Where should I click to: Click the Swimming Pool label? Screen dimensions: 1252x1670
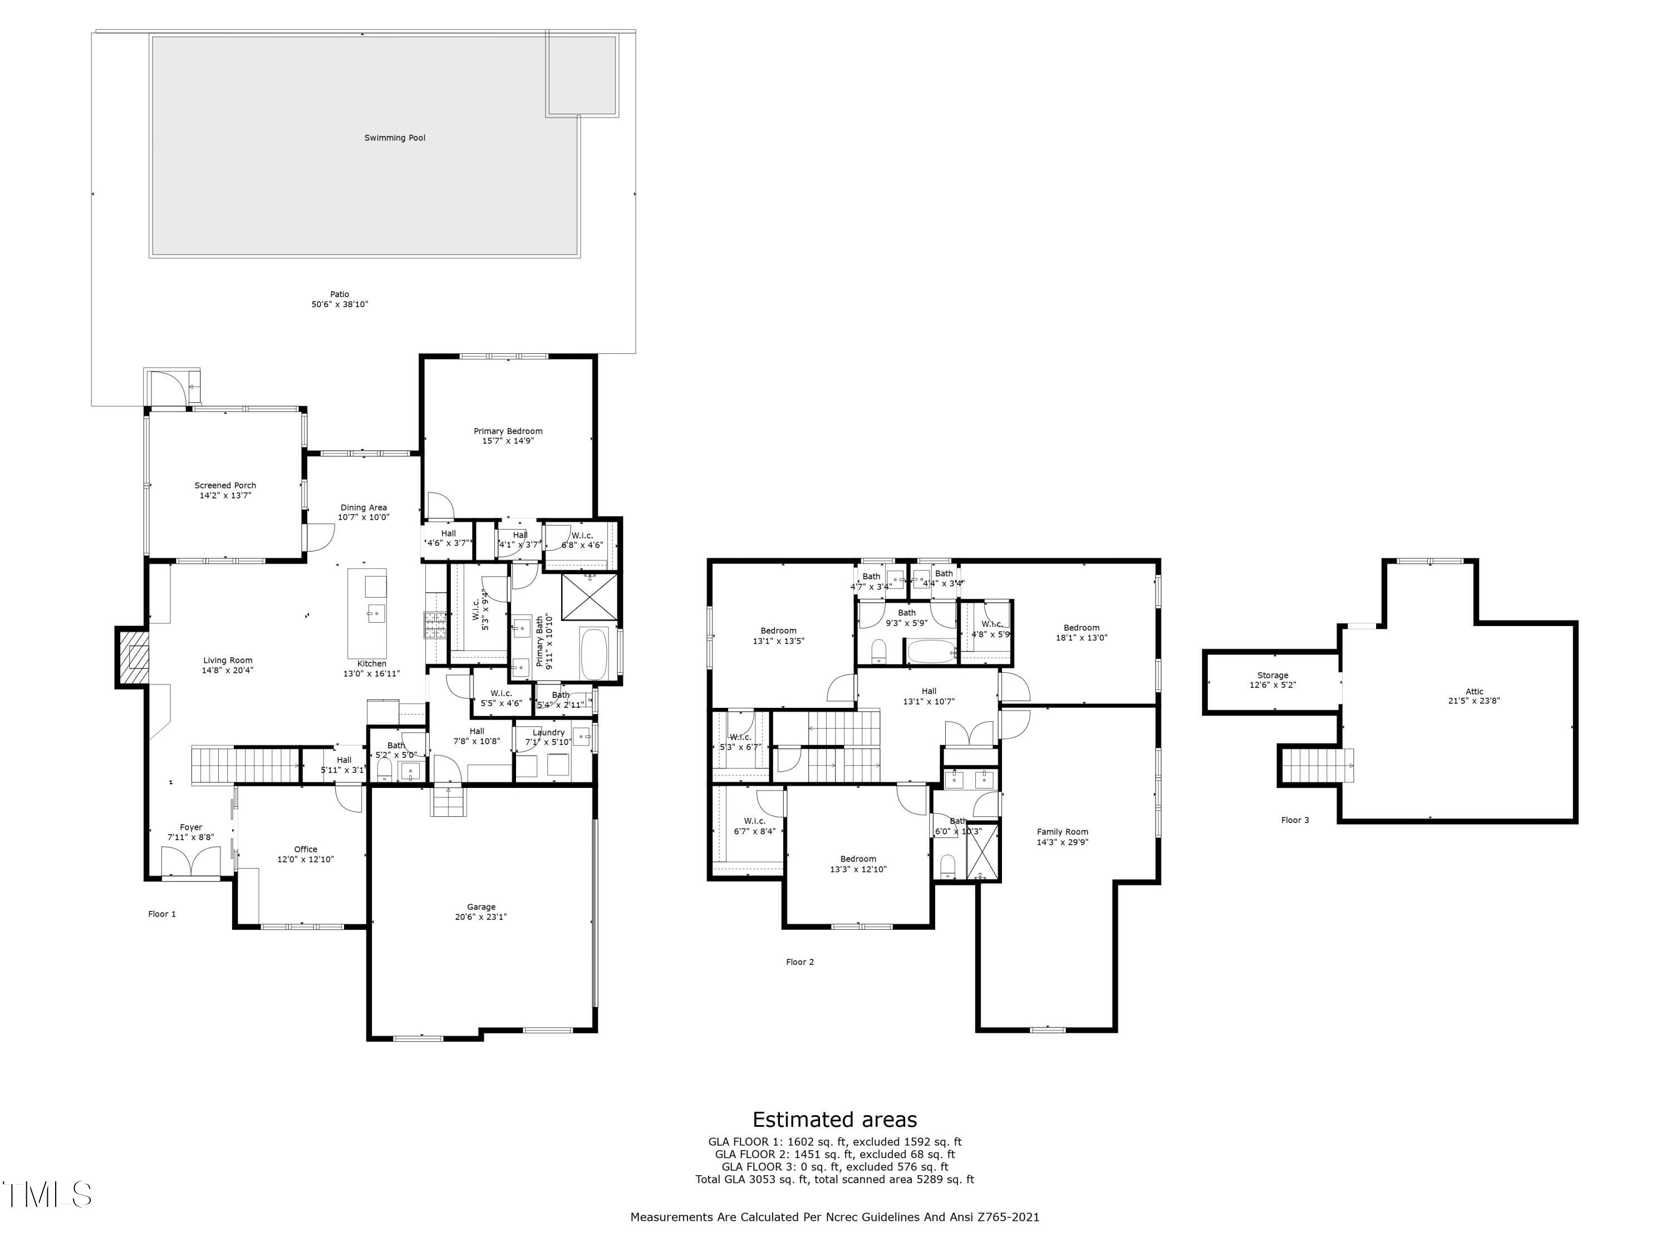point(394,138)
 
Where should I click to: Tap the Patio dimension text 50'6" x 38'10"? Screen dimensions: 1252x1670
point(339,305)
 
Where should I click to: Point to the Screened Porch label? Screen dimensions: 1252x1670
point(225,485)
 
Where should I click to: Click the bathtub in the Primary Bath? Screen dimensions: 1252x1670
point(594,654)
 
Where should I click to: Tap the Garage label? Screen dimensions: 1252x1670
point(481,907)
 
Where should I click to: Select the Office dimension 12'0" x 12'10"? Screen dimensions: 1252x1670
point(305,860)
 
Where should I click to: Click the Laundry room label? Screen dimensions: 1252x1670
point(548,732)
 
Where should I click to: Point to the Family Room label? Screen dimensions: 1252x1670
point(1062,832)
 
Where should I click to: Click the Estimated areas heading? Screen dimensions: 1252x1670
point(834,1119)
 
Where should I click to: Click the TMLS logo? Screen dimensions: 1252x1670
point(47,1195)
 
